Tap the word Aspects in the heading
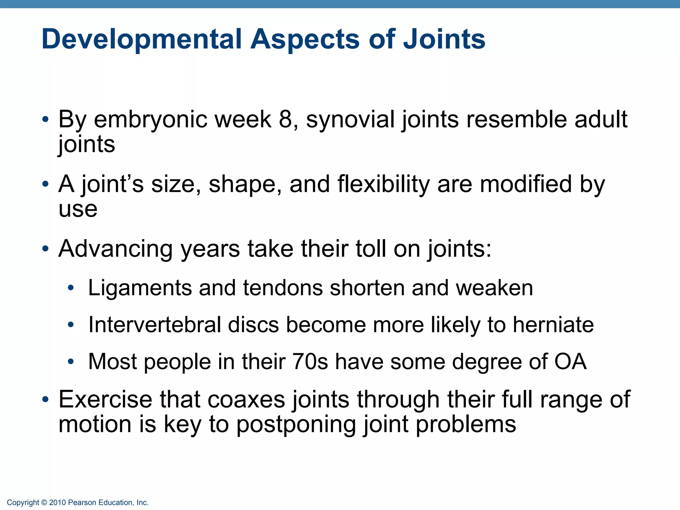(x=305, y=39)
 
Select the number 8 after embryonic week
(x=285, y=119)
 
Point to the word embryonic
(x=150, y=119)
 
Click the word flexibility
(x=383, y=184)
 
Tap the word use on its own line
(x=78, y=209)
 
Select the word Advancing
(x=116, y=249)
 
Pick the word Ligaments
(x=140, y=288)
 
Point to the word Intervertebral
(x=155, y=325)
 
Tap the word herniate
(x=553, y=325)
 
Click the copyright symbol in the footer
(x=44, y=503)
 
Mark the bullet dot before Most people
(x=70, y=362)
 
